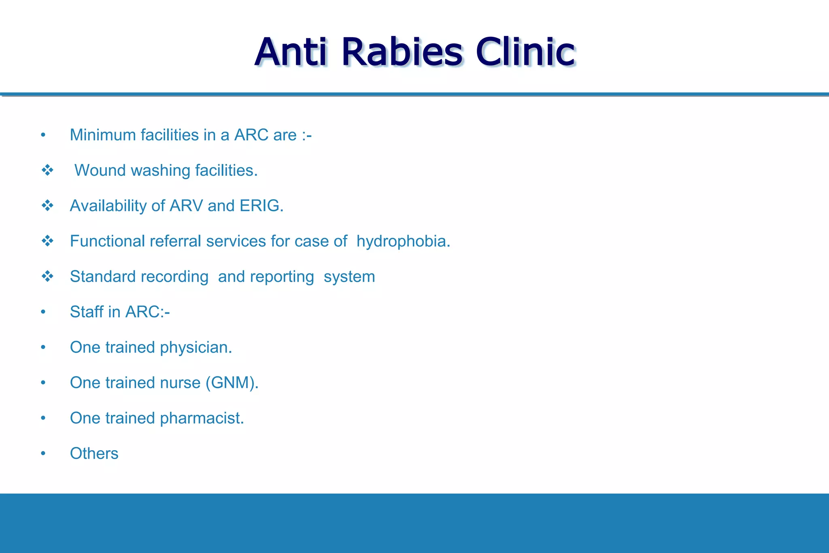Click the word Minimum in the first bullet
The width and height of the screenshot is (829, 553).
[x=103, y=135]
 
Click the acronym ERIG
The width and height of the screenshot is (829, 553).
[x=261, y=206]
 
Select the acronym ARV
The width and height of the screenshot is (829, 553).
[x=186, y=206]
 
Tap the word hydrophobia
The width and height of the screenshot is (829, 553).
[x=403, y=241]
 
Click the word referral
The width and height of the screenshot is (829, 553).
[x=175, y=241]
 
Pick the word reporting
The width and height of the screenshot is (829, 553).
[x=282, y=277]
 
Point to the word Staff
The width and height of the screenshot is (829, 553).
[x=86, y=312]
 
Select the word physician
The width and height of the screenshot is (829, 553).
[x=196, y=348]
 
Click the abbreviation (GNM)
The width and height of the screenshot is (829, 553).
[x=232, y=383]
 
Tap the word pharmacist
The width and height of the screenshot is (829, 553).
[x=202, y=418]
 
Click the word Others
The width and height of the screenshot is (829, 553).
[x=94, y=453]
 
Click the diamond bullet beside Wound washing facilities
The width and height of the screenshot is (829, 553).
[x=47, y=170]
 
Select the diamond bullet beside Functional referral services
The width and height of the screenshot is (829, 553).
[x=47, y=241]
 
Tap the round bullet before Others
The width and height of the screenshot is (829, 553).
[x=43, y=454]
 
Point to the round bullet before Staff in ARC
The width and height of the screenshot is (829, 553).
[x=43, y=312]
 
